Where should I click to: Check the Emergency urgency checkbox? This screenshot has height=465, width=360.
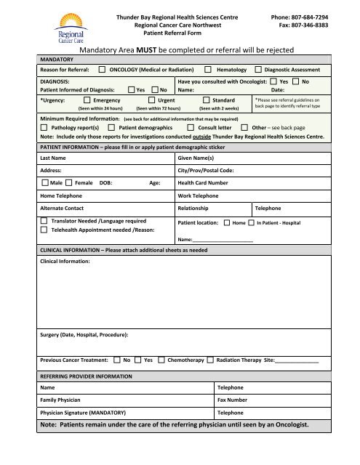click(87, 100)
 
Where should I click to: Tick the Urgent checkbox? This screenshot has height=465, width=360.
click(151, 100)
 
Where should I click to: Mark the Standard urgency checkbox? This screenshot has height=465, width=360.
click(207, 100)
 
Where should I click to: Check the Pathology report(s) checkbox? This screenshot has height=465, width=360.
click(44, 127)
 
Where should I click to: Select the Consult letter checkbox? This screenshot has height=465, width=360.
click(191, 127)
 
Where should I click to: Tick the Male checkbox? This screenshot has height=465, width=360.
click(45, 183)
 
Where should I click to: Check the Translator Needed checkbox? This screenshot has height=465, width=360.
click(45, 220)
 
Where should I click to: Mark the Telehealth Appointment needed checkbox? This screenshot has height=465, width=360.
click(45, 230)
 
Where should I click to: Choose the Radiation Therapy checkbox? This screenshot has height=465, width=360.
click(210, 360)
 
